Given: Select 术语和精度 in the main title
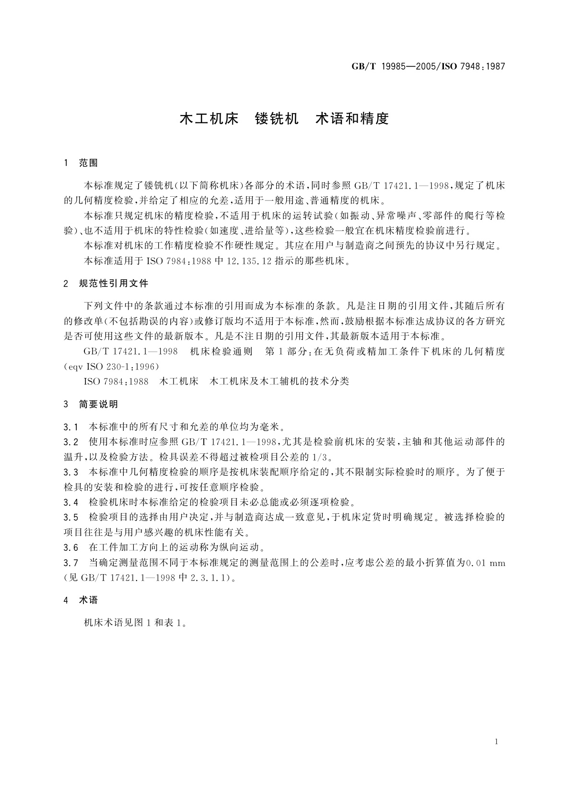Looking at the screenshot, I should coord(351,119).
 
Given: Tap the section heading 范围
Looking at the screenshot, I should coord(88,163).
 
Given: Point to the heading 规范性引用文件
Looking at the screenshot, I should coord(114,284).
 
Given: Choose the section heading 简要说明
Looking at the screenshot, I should coord(98,404).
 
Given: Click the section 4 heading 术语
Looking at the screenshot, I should coord(88,600).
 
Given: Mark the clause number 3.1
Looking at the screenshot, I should coord(70,427).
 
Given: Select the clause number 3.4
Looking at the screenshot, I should coord(70,503).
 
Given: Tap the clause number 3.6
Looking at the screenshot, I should coord(70,547).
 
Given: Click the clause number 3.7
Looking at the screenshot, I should coord(70,563).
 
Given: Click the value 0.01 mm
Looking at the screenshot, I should coord(486,563).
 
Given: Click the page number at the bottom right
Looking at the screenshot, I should coord(496,742).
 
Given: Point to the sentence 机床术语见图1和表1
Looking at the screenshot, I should coord(135,623).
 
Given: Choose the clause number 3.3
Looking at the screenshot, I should coord(70,472).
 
